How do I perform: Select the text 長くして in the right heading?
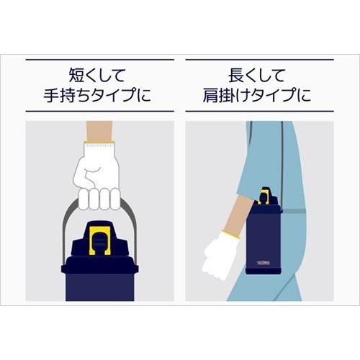[x=260, y=73]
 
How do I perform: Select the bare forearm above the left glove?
[x=99, y=131]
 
